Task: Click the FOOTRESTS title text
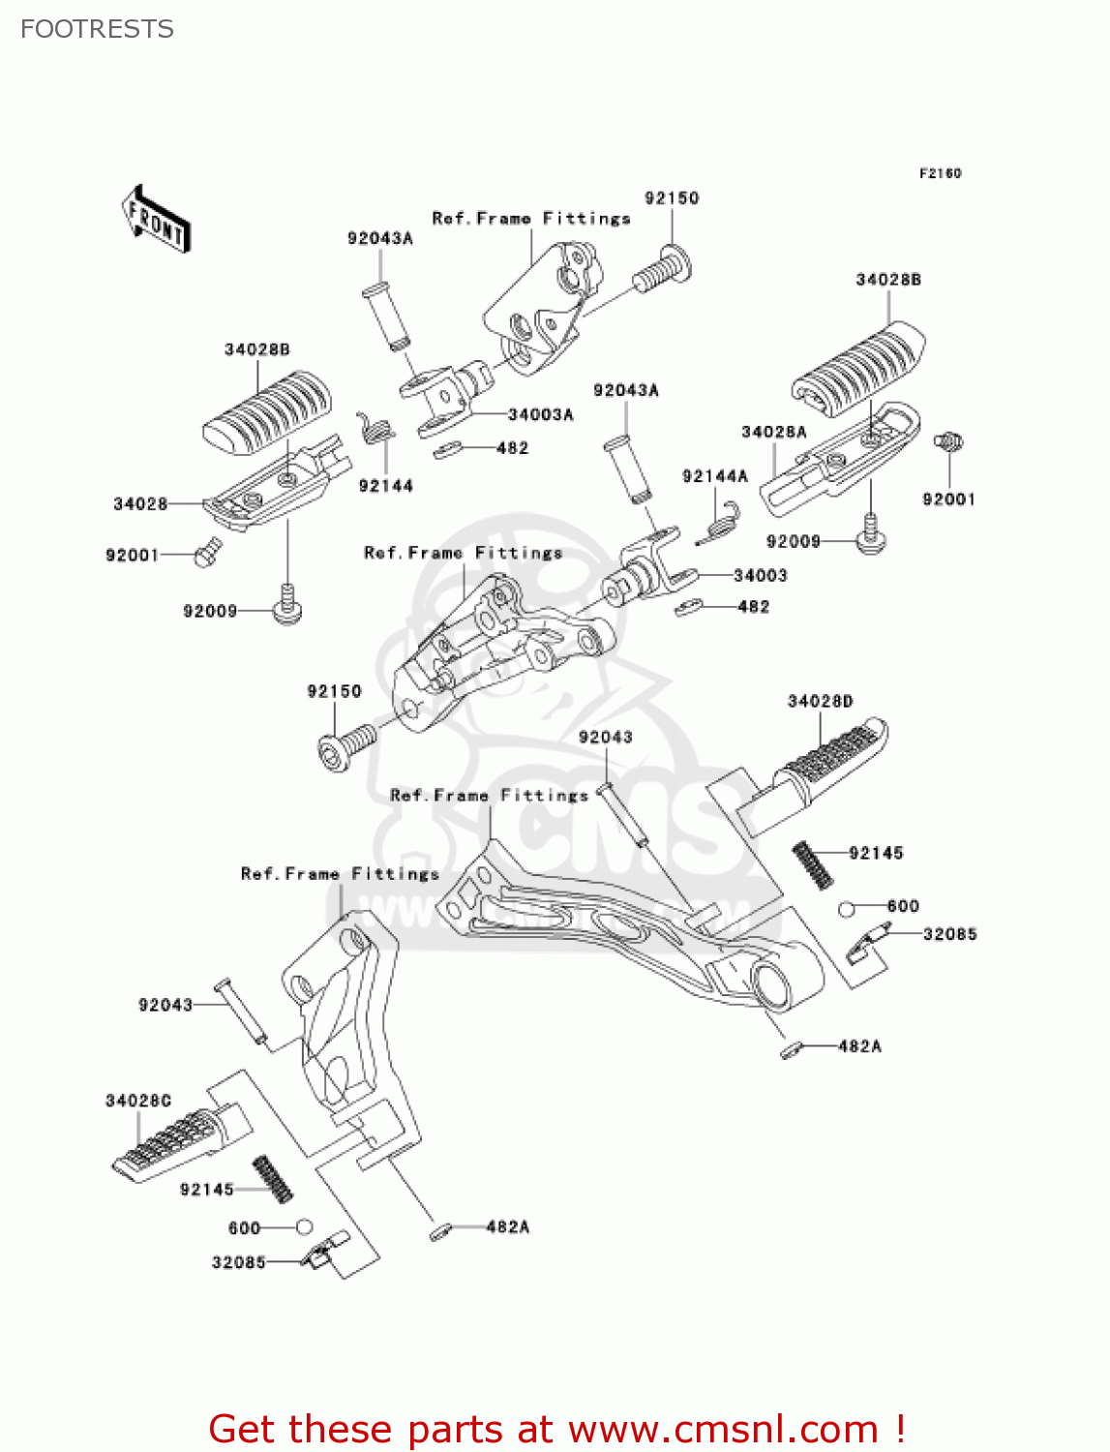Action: pos(97,29)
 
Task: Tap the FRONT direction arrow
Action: pos(156,220)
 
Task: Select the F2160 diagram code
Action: pos(940,173)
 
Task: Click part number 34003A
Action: pos(541,414)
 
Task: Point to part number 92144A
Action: pos(715,475)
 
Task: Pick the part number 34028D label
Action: pos(821,701)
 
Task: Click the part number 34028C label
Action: pos(138,1101)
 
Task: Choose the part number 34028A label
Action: pos(774,432)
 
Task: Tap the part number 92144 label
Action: pos(385,486)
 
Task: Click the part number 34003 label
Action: pos(761,575)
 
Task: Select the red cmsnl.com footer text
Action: pos(557,1429)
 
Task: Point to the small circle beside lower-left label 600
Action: pos(304,1226)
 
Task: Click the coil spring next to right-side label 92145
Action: pos(813,863)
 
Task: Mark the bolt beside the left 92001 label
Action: pos(208,554)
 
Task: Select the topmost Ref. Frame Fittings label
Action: pos(531,219)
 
